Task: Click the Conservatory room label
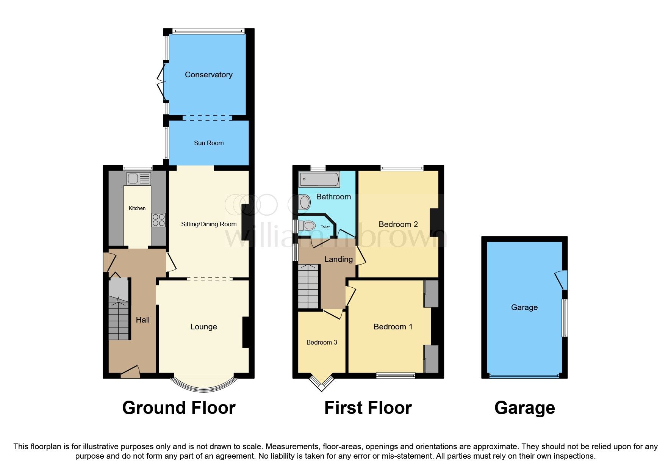click(x=208, y=75)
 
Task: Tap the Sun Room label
click(x=209, y=143)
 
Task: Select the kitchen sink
click(x=139, y=179)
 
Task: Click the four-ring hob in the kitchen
click(x=159, y=220)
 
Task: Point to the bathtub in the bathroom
click(x=319, y=179)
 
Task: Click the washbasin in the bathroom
click(x=304, y=202)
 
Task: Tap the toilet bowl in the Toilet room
click(x=307, y=226)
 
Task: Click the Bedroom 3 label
click(x=322, y=342)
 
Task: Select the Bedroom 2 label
click(x=398, y=224)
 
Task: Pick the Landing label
click(x=338, y=259)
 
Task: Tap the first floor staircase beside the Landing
click(x=308, y=287)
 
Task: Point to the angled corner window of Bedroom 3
click(x=322, y=383)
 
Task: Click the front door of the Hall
click(x=130, y=371)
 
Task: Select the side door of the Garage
click(x=562, y=280)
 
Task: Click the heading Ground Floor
click(x=179, y=408)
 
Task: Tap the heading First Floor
click(x=368, y=408)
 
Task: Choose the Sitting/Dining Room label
click(x=209, y=224)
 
